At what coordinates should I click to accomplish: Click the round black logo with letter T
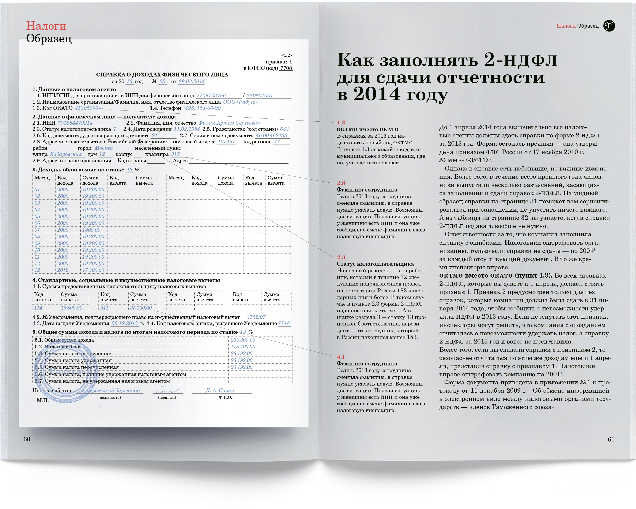pos(609,26)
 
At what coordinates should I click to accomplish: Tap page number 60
pos(27,439)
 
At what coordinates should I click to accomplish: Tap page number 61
pos(611,439)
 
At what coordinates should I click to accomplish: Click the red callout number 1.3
pos(341,123)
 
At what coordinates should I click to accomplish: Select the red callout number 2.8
pos(341,183)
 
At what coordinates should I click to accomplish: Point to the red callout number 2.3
pos(341,257)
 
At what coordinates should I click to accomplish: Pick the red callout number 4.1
pos(341,357)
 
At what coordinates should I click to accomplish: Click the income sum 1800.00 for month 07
pos(91,230)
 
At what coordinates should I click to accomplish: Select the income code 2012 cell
pos(63,270)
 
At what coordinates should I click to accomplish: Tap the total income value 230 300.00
pos(243,340)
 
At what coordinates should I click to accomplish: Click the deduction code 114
pos(38,308)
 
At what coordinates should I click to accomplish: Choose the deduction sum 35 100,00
pos(141,308)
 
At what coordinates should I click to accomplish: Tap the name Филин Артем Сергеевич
pos(229,123)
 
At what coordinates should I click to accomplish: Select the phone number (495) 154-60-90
pos(202,108)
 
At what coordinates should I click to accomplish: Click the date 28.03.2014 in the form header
pos(191,81)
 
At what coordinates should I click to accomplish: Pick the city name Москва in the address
pos(103,148)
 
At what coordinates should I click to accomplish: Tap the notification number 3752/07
pos(256,317)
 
